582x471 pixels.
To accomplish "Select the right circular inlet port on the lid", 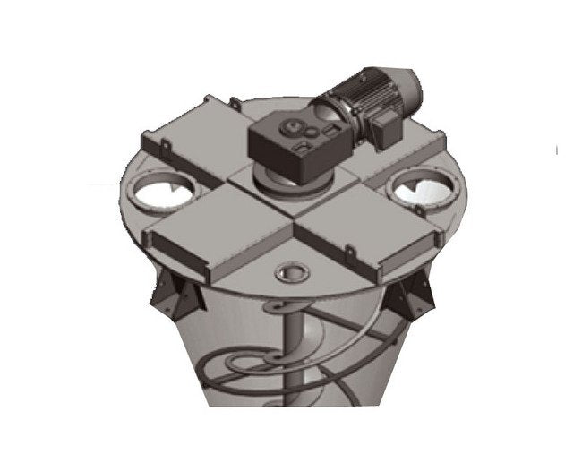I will coord(416,191).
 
